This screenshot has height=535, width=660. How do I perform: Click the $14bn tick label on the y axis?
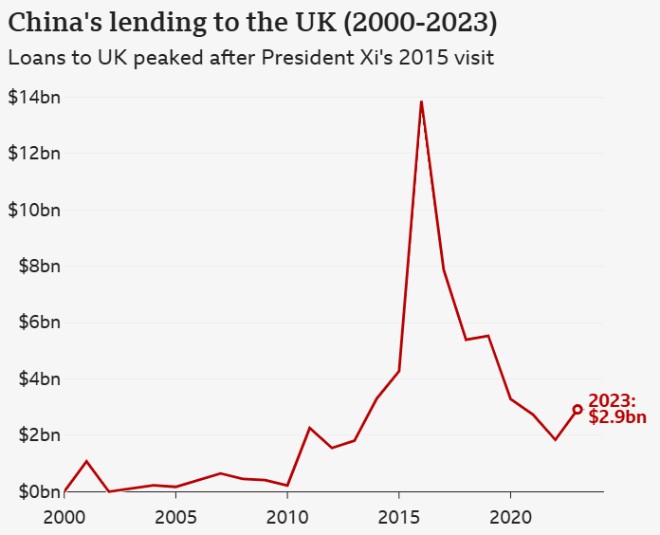(x=34, y=97)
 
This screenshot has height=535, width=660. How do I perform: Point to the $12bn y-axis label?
(x=34, y=153)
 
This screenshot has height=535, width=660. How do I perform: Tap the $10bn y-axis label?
(x=34, y=210)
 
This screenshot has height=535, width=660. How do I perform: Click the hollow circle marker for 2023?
(x=577, y=410)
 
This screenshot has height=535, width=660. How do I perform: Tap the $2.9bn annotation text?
(x=617, y=416)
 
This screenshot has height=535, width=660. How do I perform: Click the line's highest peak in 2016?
(x=421, y=101)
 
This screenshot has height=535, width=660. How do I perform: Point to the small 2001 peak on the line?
(x=86, y=461)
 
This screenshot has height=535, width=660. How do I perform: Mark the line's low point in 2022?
(x=555, y=439)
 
